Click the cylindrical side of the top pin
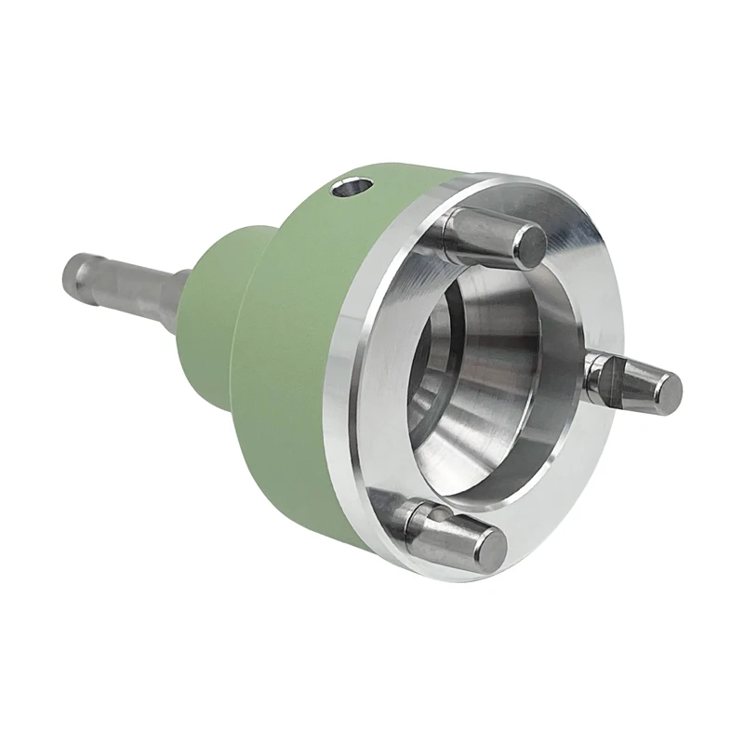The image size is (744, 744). pyautogui.click(x=479, y=233)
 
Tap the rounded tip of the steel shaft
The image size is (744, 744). pyautogui.click(x=67, y=271)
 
